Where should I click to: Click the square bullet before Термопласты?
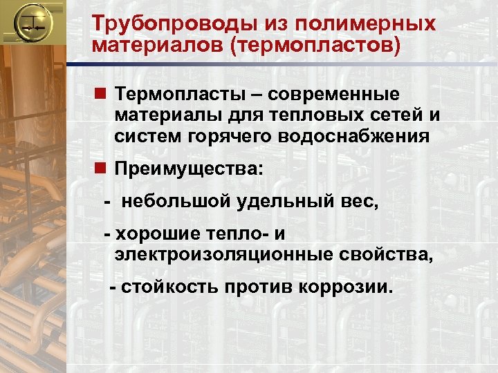(x=101, y=93)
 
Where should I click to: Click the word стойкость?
(x=170, y=287)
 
